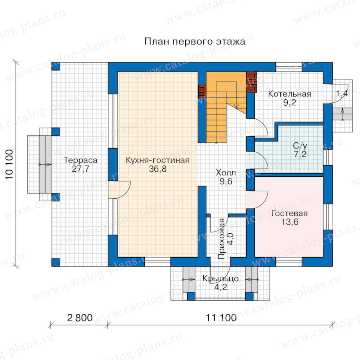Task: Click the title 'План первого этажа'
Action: (x=195, y=42)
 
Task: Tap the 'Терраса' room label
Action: (x=80, y=160)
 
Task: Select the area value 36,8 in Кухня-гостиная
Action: (x=158, y=169)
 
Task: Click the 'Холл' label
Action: (x=226, y=173)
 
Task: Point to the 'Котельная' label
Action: (x=290, y=94)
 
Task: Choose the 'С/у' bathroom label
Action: (x=300, y=146)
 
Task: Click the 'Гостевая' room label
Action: (x=290, y=213)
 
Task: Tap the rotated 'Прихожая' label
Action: (x=222, y=239)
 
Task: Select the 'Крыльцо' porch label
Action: (x=221, y=278)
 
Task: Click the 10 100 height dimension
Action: (x=9, y=164)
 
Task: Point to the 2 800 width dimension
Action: (x=80, y=318)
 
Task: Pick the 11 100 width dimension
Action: (x=221, y=318)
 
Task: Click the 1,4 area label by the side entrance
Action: (x=342, y=94)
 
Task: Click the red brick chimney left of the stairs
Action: (x=202, y=91)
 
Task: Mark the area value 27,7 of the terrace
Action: (x=80, y=169)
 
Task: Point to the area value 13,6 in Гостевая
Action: (x=290, y=222)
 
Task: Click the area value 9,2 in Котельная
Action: (x=290, y=102)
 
